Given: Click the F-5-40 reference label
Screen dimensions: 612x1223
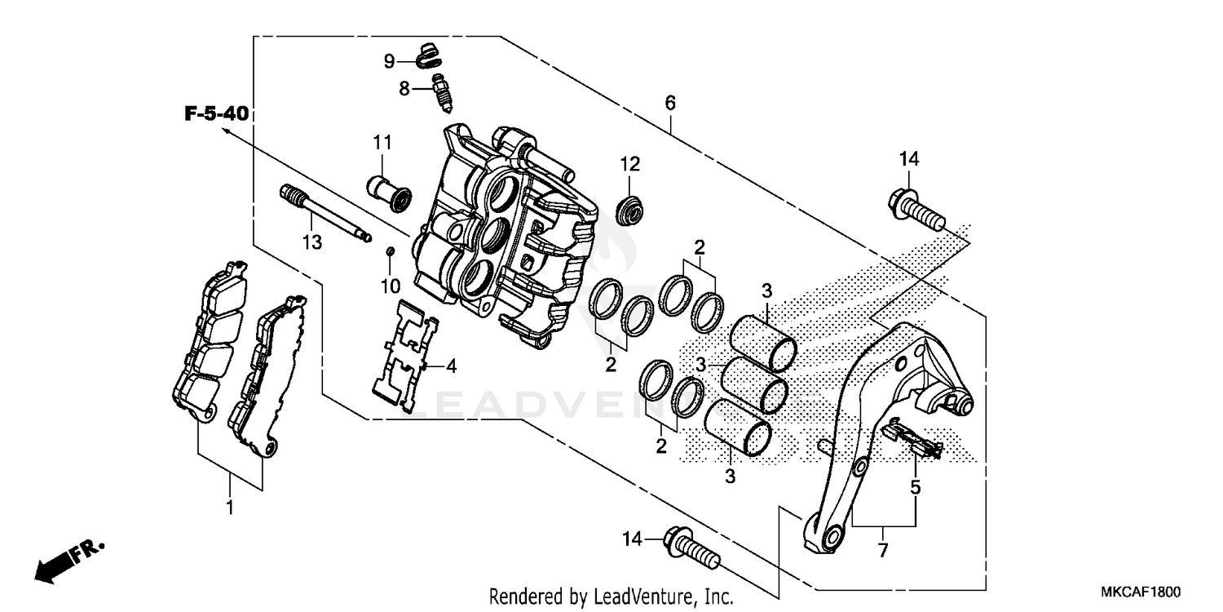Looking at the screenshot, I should [215, 113].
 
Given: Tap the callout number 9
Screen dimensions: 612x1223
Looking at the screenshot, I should [390, 61].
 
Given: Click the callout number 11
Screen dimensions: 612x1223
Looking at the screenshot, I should [383, 143].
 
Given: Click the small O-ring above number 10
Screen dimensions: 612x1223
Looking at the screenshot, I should [391, 251].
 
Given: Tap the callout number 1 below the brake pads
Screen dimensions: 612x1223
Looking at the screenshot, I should [230, 508].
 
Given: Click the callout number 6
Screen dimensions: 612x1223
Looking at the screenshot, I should [670, 104].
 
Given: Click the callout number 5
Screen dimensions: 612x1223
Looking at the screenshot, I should [916, 488].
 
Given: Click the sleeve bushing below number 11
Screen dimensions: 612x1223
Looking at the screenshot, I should [390, 190].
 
